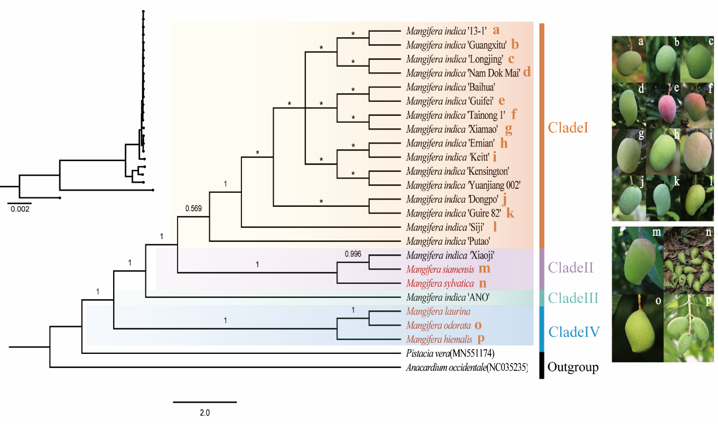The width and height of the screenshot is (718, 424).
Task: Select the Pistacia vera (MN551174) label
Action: click(450, 354)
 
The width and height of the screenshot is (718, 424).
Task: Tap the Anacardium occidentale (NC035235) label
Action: click(466, 368)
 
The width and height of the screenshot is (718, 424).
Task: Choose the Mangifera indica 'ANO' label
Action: click(442, 297)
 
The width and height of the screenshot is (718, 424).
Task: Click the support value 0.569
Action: click(194, 209)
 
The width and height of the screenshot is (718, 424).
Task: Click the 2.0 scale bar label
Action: click(205, 413)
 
